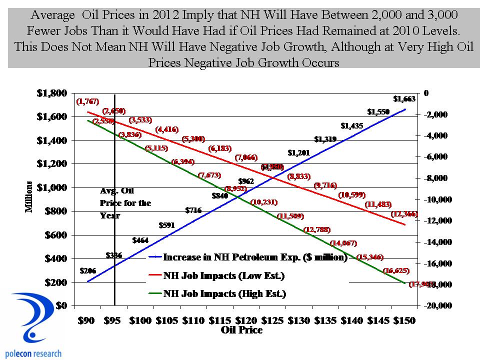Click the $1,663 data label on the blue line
404,99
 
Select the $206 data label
88,271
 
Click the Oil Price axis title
241,330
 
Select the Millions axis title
29,196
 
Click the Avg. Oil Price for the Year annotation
124,203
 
